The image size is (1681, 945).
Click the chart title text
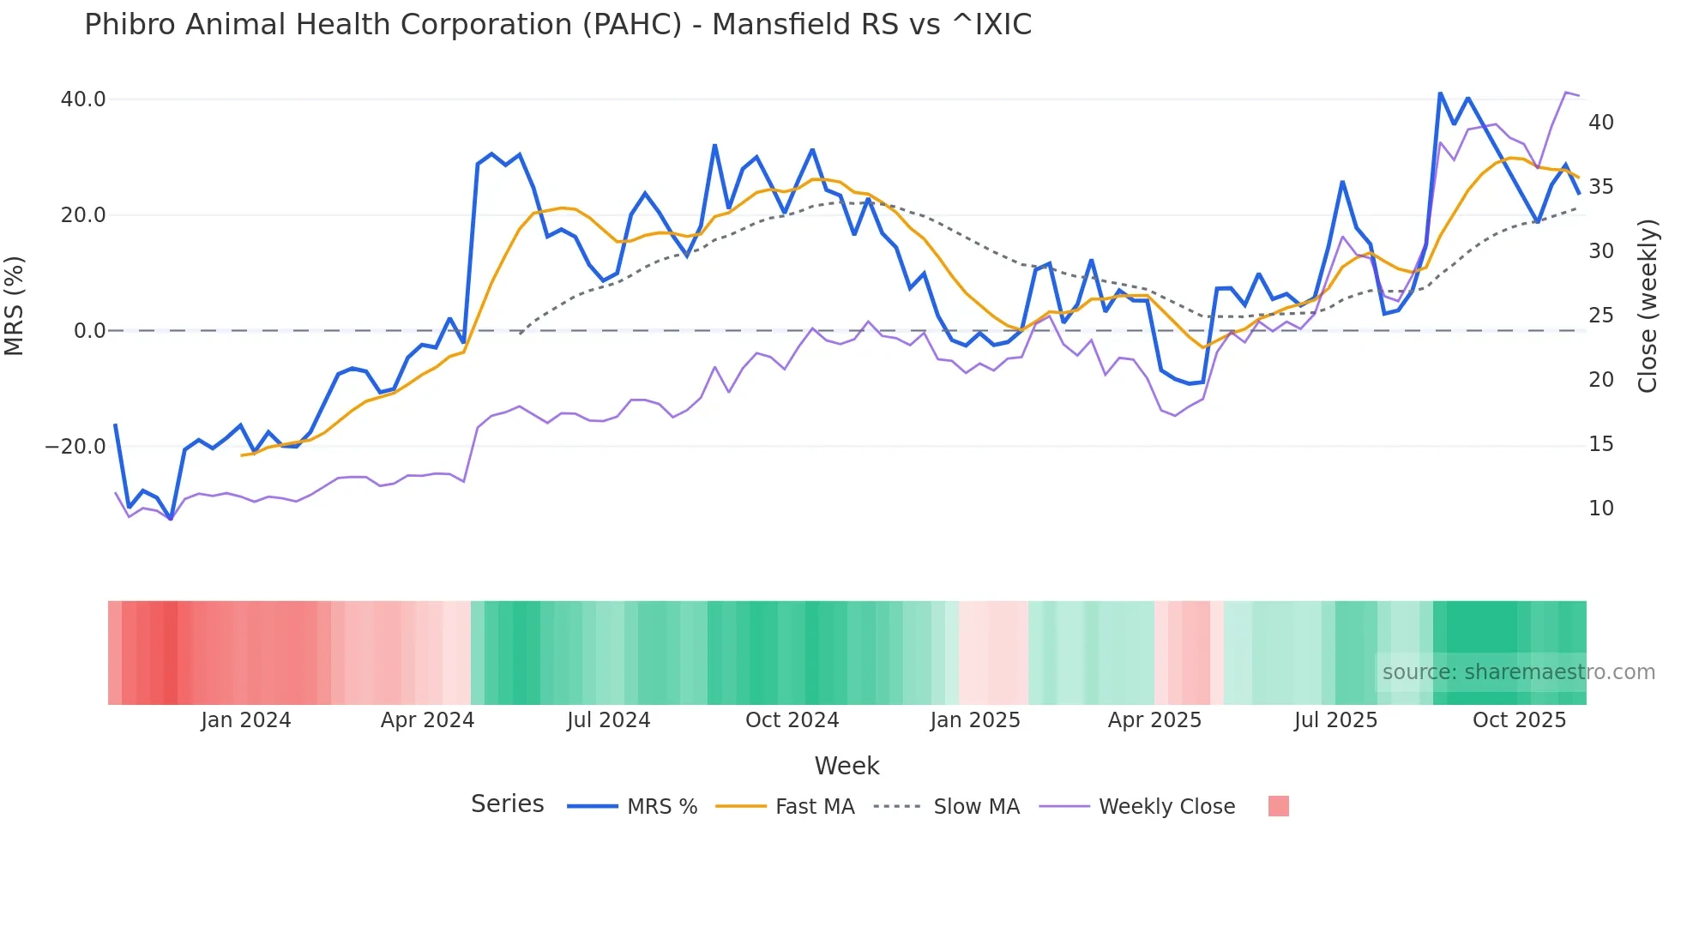click(x=557, y=25)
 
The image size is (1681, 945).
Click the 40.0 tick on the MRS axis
click(x=83, y=99)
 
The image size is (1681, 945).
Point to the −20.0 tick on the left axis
click(x=75, y=447)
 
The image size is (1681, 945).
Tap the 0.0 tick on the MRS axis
click(x=89, y=331)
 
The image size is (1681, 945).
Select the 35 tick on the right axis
click(x=1600, y=187)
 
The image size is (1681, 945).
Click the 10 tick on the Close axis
click(x=1600, y=509)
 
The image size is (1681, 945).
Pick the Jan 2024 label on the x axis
click(x=246, y=720)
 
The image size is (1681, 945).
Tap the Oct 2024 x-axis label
click(x=792, y=720)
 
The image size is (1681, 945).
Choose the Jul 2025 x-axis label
click(x=1335, y=720)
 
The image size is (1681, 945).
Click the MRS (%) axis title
click(x=15, y=306)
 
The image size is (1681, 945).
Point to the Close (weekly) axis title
click(x=1647, y=306)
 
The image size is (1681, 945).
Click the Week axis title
click(x=847, y=766)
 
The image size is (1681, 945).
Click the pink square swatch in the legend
click(x=1278, y=806)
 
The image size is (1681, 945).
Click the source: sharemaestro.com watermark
click(x=1518, y=672)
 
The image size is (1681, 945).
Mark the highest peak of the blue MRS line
click(x=1440, y=93)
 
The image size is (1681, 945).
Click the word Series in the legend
click(x=507, y=804)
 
